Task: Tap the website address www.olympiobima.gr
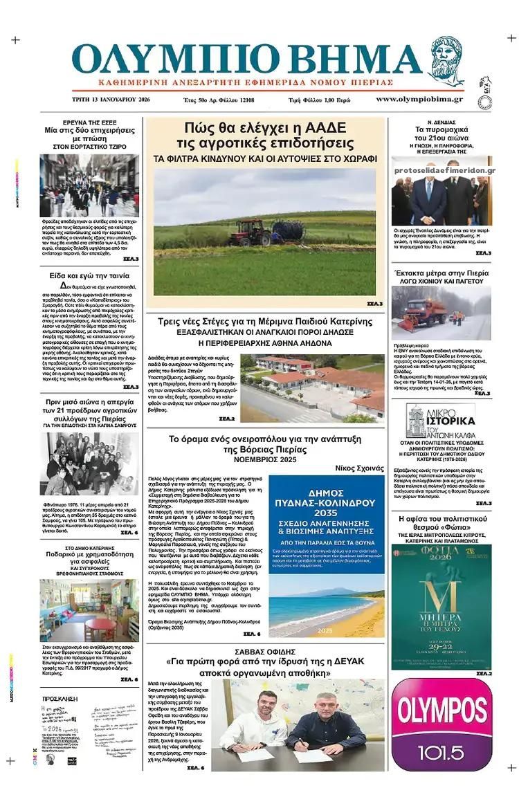pos(419,100)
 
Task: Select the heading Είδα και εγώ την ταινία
pos(89,275)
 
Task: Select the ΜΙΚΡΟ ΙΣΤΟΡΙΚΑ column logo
pos(441,422)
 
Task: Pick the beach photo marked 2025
pos(326,607)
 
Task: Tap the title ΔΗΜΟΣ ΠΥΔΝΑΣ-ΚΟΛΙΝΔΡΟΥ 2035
pos(326,509)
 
